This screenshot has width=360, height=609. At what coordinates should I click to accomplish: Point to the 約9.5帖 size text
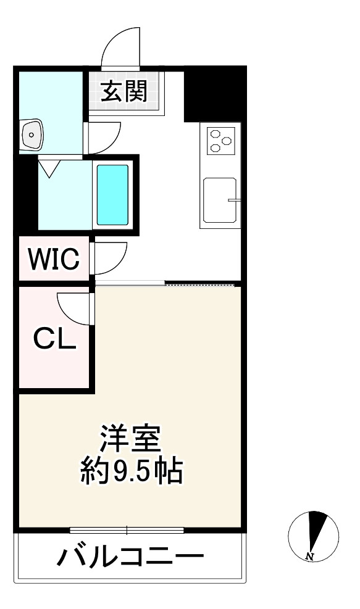click(131, 472)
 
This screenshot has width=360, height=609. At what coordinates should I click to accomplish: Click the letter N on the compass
click(309, 557)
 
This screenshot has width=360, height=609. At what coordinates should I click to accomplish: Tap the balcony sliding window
click(127, 530)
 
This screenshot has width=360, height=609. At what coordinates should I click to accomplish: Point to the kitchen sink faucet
click(233, 200)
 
